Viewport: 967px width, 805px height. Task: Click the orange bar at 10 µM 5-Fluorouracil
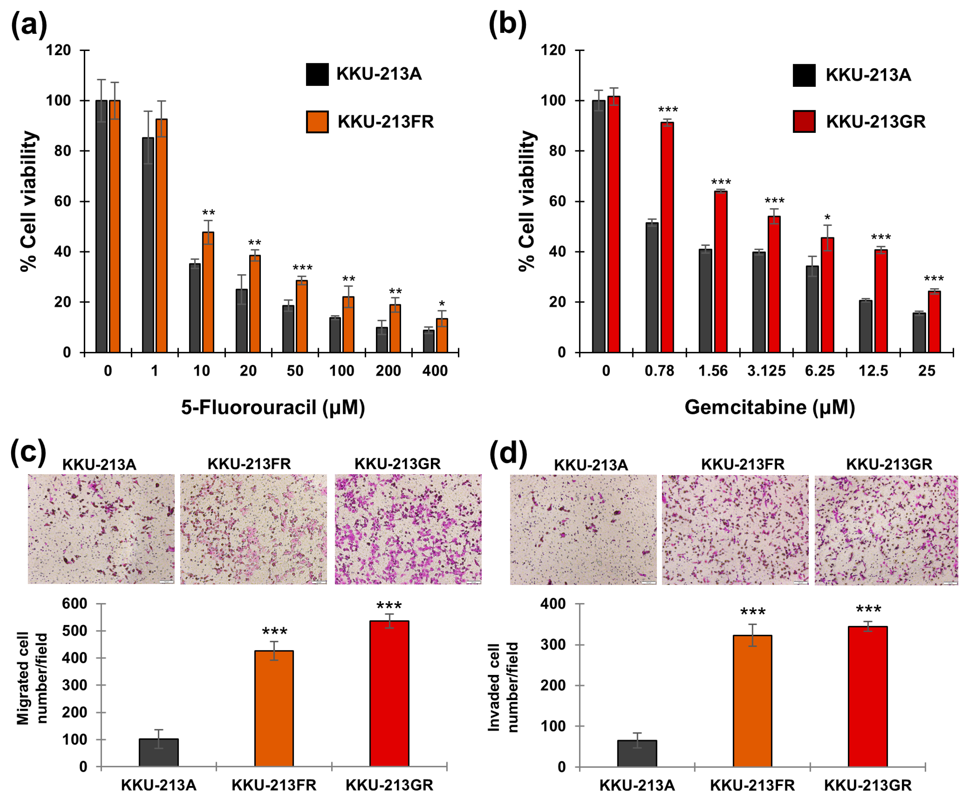click(208, 292)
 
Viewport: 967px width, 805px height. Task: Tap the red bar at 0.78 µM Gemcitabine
click(667, 237)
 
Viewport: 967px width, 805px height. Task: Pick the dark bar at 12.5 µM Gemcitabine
click(865, 327)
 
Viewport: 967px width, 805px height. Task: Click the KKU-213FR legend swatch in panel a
click(317, 122)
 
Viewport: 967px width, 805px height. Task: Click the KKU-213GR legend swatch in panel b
click(804, 122)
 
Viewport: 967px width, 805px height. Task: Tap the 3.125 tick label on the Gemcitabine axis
click(766, 371)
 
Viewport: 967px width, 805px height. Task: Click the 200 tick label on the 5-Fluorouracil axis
click(388, 371)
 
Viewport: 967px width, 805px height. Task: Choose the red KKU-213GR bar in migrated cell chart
click(389, 694)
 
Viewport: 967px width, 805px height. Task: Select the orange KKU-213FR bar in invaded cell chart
click(752, 701)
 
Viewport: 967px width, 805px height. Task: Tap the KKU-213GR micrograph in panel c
click(408, 529)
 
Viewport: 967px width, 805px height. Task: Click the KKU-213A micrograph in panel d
click(583, 530)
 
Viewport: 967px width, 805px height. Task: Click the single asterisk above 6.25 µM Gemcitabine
click(827, 217)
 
